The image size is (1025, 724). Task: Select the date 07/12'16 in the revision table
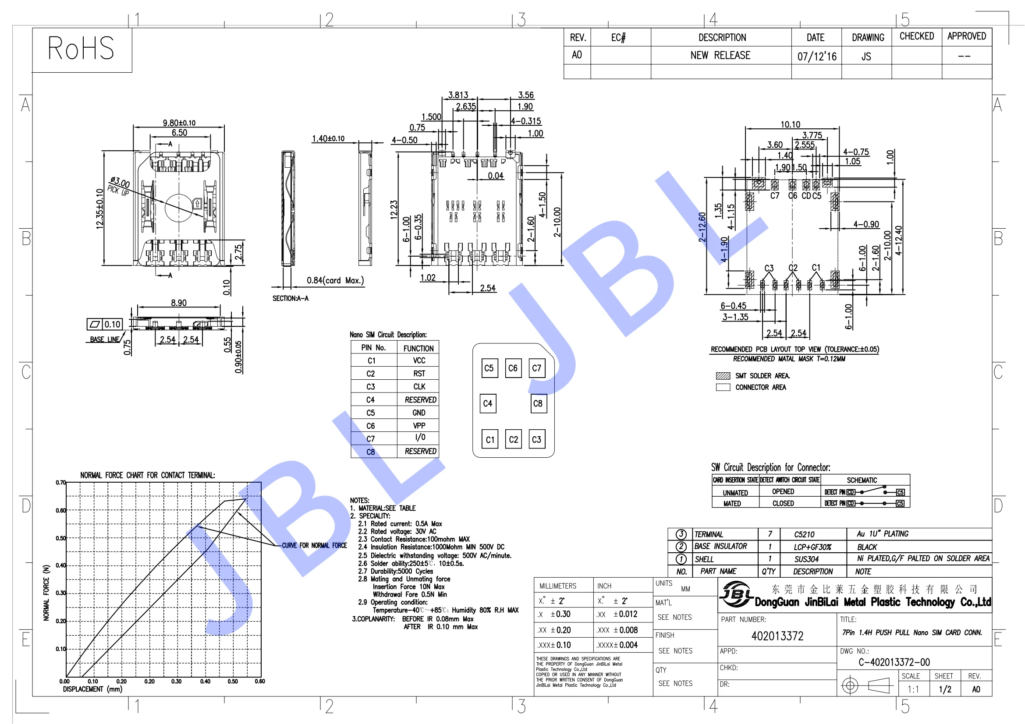816,57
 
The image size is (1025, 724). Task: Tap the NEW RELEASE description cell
720,56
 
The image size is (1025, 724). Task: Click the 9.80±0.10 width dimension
179,123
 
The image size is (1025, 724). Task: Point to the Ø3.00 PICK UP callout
119,186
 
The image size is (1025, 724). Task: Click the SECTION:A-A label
290,298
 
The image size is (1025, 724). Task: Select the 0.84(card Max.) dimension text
335,281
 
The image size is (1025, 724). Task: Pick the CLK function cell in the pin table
419,387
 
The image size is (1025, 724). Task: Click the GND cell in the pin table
419,413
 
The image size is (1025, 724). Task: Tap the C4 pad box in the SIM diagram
487,404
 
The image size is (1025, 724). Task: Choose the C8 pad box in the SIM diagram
538,404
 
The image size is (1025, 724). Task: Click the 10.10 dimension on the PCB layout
790,124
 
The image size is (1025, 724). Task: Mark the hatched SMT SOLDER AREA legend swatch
723,376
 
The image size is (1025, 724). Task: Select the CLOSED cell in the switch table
783,503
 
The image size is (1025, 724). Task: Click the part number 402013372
777,636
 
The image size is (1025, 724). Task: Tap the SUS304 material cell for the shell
806,559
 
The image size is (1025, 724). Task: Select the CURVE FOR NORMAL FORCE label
314,546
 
